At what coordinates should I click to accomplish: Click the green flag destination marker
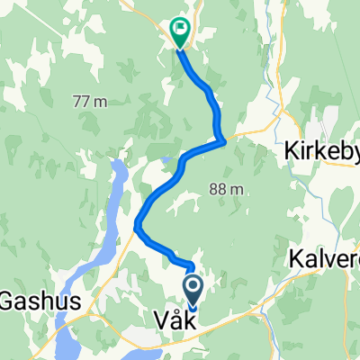pyautogui.click(x=178, y=32)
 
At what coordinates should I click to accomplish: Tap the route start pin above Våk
pyautogui.click(x=193, y=289)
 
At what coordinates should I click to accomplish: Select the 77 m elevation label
pyautogui.click(x=91, y=102)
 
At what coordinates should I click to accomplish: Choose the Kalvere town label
pyautogui.click(x=327, y=258)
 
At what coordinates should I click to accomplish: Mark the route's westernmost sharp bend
pyautogui.click(x=136, y=224)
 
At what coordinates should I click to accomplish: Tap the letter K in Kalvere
pyautogui.click(x=296, y=258)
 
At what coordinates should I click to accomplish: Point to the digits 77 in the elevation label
pyautogui.click(x=84, y=102)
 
